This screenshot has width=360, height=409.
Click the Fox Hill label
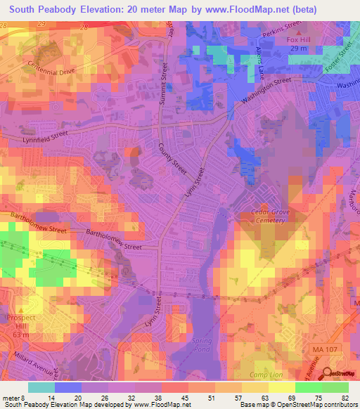[x=299, y=39]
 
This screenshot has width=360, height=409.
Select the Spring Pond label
[x=202, y=344]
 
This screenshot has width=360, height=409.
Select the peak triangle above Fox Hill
[x=300, y=32]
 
